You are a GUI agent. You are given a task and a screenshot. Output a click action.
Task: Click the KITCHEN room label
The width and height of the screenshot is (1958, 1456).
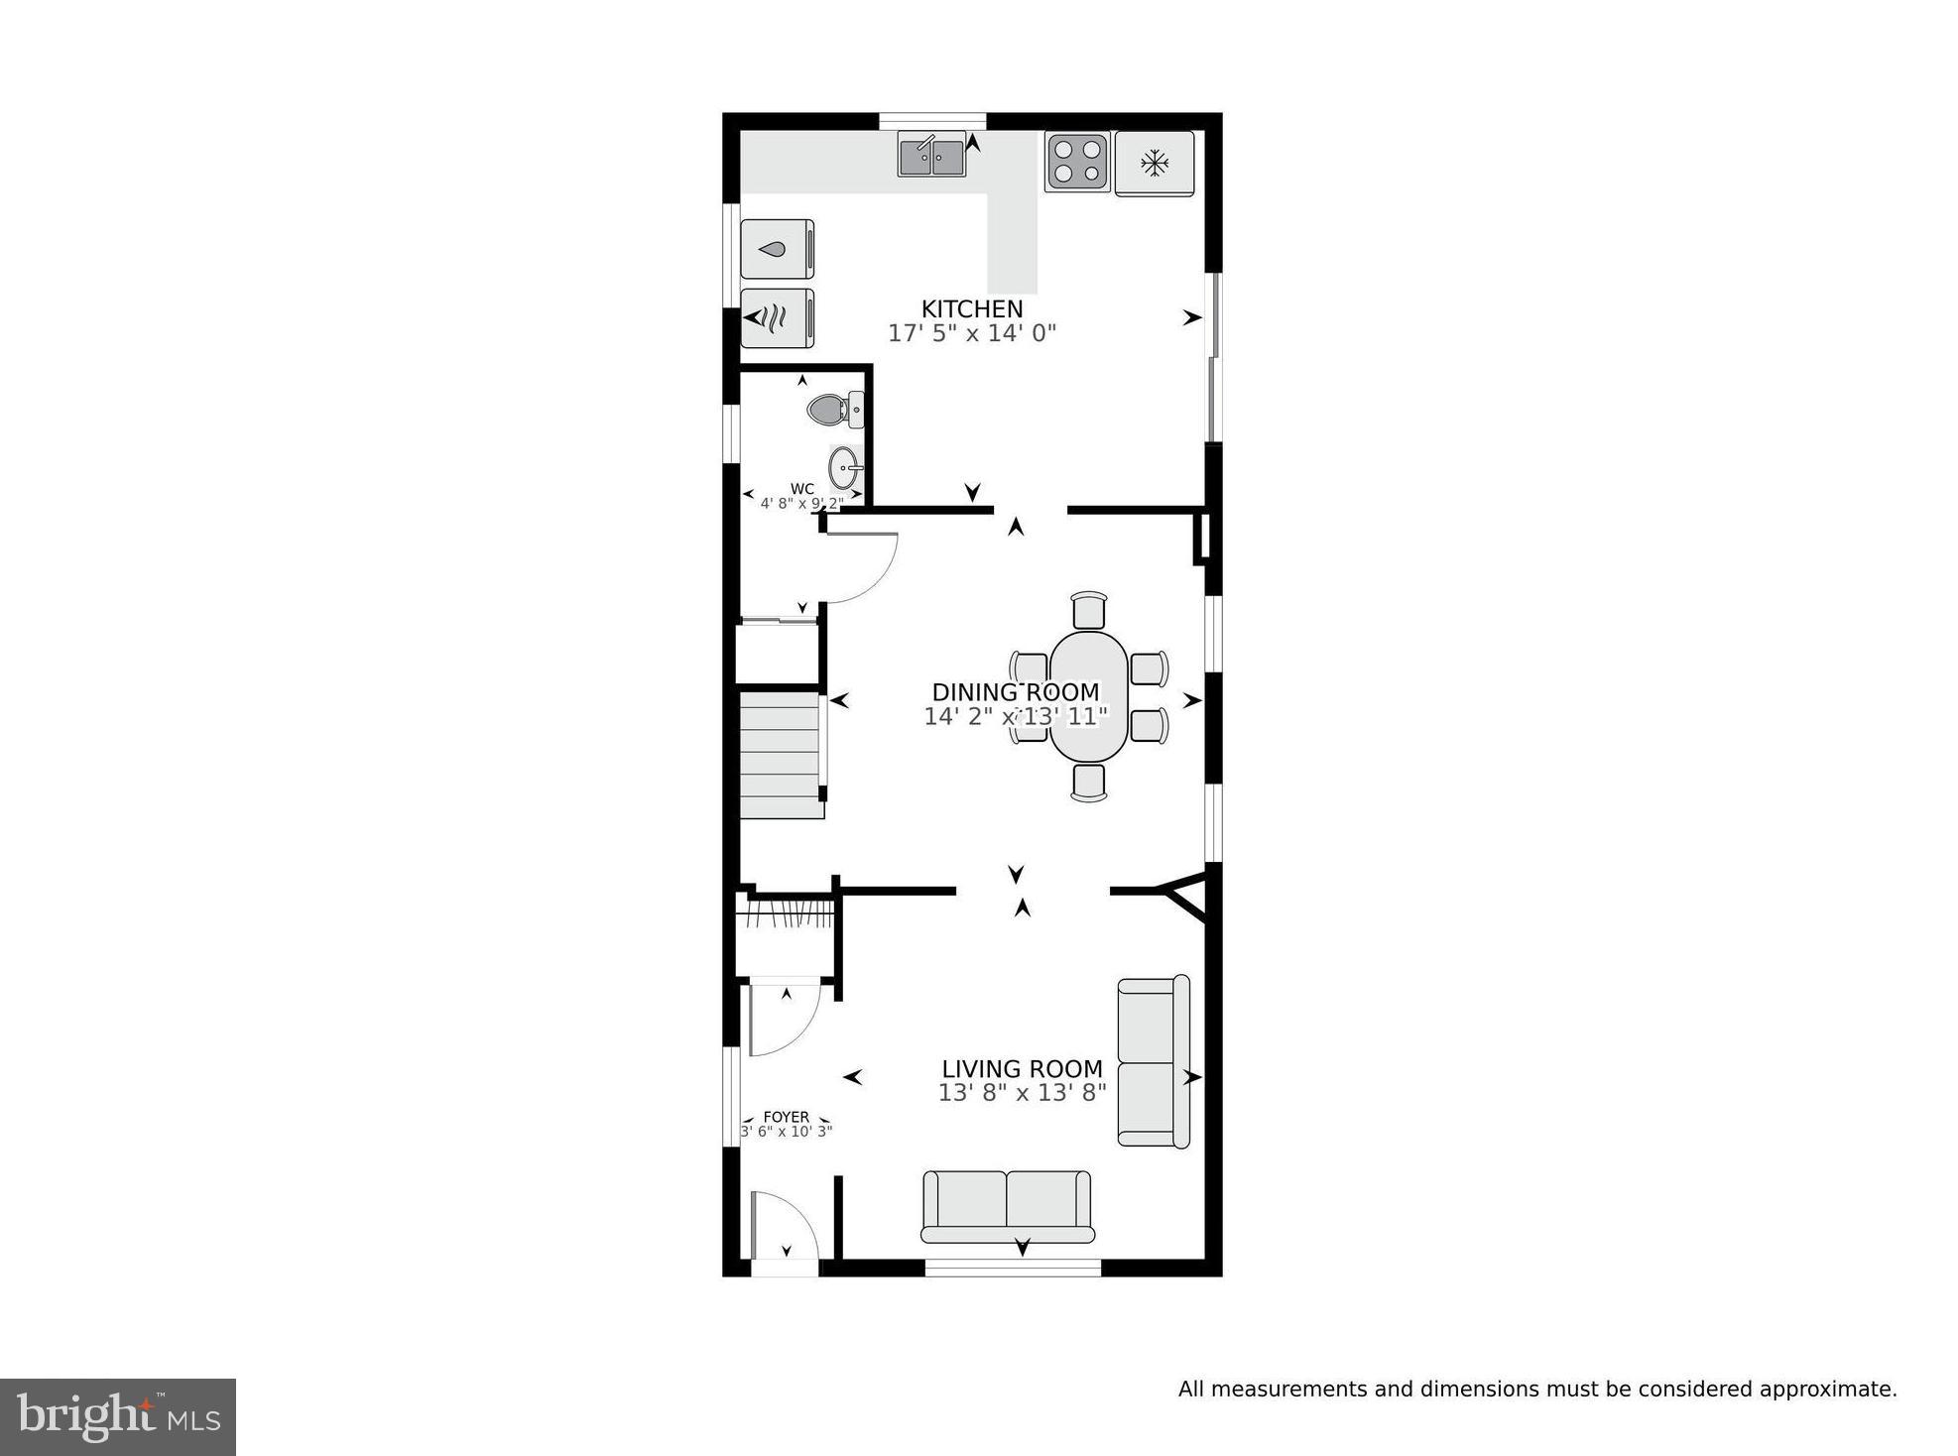pos(971,308)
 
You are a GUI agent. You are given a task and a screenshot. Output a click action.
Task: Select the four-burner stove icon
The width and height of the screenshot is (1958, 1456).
pos(1076,162)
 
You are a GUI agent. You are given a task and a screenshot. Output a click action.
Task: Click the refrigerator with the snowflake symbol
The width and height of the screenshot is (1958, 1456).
pos(1154,163)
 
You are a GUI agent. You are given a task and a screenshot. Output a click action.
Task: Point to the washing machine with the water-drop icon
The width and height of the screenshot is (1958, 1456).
pos(777,249)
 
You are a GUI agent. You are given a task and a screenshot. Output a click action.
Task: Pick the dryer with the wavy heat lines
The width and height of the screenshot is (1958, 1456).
pos(777,318)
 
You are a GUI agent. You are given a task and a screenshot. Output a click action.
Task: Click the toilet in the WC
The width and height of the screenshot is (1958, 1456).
pos(833,409)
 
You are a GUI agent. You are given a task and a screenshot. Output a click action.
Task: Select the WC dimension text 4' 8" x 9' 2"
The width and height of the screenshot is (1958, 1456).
pos(801,503)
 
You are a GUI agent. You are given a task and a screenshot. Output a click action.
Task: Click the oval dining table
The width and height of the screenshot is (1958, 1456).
pos(1088,696)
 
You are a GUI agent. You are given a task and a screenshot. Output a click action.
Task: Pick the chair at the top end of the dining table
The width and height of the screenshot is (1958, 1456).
pos(1088,609)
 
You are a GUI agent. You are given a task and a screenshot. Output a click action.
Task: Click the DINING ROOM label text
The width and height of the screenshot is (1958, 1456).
pos(1015,692)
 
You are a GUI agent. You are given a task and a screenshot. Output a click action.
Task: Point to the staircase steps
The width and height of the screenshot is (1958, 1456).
pos(781,756)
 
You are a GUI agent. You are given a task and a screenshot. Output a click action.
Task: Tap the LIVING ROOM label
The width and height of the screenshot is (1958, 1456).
pos(1022,1069)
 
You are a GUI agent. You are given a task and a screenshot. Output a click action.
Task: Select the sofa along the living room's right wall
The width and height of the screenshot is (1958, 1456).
pos(1153,1062)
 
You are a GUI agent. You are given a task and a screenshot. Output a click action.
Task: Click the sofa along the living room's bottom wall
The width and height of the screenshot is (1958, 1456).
pos(1007,1206)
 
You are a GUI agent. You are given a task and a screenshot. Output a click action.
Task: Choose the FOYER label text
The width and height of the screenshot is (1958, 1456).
pos(786,1117)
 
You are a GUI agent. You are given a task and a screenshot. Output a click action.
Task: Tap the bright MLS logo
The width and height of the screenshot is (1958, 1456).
pos(117,1417)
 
